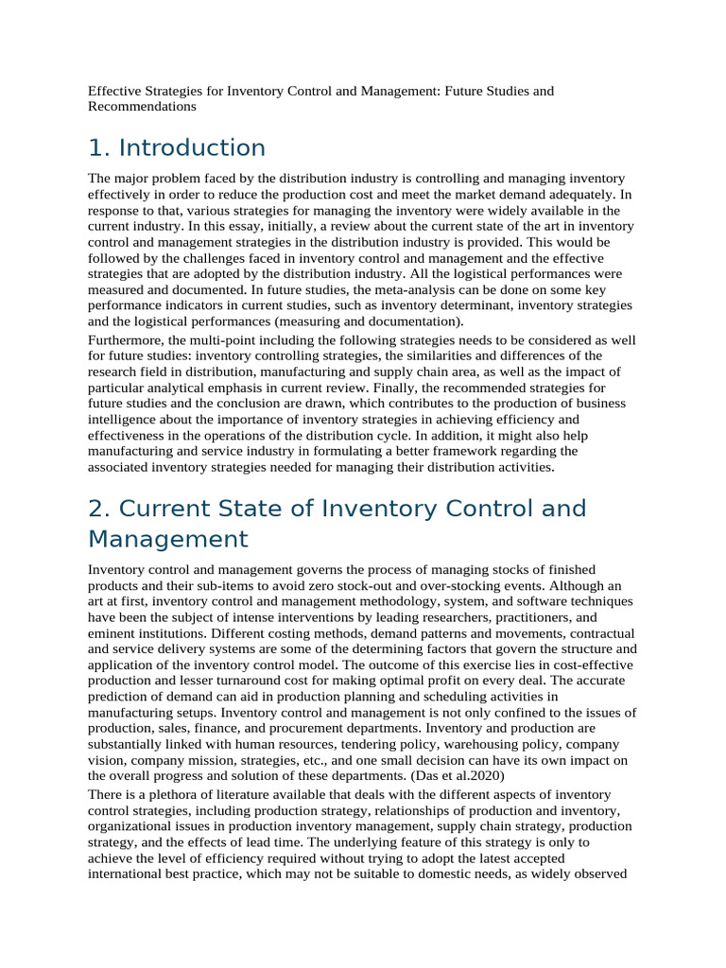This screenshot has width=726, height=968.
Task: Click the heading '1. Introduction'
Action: (177, 148)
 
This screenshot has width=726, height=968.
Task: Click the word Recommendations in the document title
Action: (142, 107)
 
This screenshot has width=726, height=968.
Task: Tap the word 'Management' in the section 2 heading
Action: (168, 539)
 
